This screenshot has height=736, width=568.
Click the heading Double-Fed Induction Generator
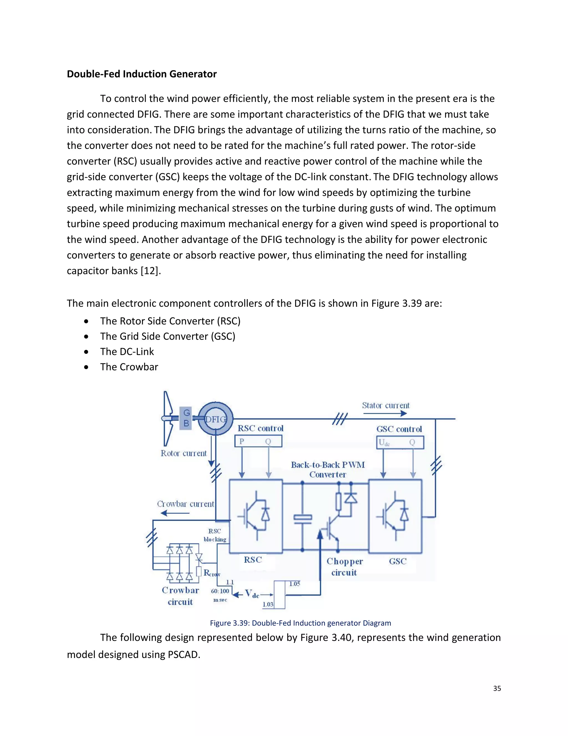[x=142, y=74]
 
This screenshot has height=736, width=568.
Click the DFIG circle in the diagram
[x=215, y=419]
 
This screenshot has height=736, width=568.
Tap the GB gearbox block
[x=186, y=418]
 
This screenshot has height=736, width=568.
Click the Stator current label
[x=386, y=405]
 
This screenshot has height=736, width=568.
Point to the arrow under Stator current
[x=385, y=414]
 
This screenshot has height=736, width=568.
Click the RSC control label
[x=260, y=428]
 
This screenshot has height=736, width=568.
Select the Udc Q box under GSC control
[x=399, y=442]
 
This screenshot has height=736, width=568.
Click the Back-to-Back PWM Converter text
[x=328, y=470]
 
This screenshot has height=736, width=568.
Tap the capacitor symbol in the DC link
[x=303, y=519]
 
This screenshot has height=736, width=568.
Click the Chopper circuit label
[x=344, y=567]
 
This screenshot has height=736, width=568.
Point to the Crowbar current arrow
[x=175, y=513]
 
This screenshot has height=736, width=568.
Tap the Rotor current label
[x=183, y=453]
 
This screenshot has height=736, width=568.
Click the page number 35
[x=497, y=689]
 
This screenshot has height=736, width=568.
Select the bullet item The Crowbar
[x=129, y=367]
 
